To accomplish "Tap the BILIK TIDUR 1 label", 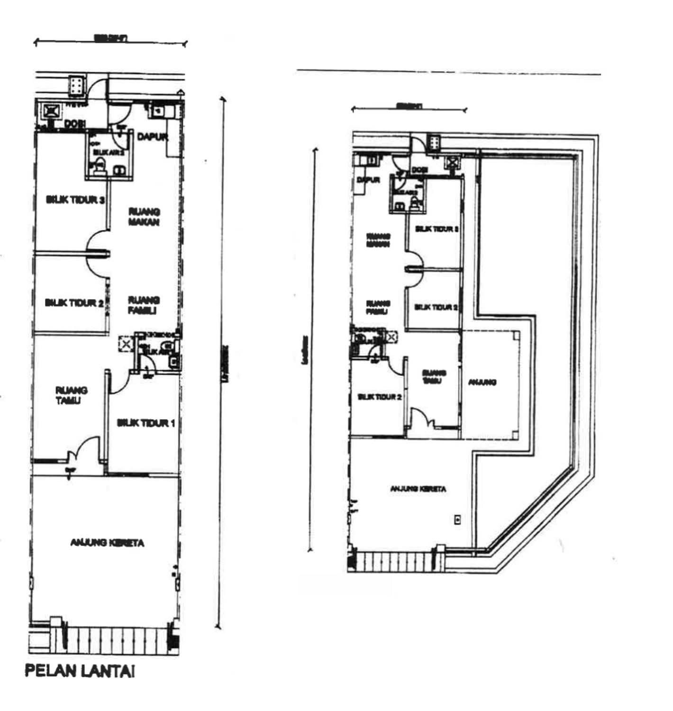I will [x=146, y=423].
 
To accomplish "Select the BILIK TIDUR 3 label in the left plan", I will [x=75, y=200].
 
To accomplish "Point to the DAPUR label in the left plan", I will [x=152, y=137].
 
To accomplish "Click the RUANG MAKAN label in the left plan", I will [x=144, y=217].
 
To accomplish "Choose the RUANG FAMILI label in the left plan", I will [x=144, y=305].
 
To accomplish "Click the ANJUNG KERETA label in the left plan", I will [x=107, y=543].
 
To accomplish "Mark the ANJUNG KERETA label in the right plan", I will [x=418, y=489].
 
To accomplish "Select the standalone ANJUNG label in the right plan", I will [x=482, y=382].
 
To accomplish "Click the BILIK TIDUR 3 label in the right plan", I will [x=437, y=229].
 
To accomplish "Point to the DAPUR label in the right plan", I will [x=368, y=180].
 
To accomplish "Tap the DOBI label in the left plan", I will [x=75, y=124].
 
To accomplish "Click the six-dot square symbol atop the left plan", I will [x=76, y=86].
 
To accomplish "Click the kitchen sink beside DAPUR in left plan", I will [x=157, y=111].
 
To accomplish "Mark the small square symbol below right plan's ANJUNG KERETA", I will [x=458, y=520].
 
